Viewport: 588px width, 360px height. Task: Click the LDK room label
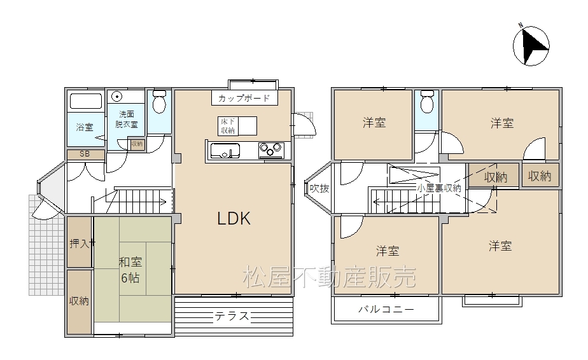[234, 218]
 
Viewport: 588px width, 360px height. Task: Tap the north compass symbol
[531, 45]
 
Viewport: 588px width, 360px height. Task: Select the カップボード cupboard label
[244, 98]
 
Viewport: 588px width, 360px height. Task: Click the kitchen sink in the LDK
[225, 151]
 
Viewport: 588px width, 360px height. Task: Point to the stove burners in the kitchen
[271, 150]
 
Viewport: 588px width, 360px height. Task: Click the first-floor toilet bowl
[159, 101]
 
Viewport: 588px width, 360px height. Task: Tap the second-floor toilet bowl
[427, 101]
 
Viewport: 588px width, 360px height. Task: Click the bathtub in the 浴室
[86, 101]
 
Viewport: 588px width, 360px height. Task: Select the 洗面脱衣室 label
[127, 119]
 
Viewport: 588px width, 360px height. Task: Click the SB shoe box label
[85, 154]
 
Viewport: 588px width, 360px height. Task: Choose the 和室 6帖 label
[130, 270]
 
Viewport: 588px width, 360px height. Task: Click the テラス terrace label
[232, 317]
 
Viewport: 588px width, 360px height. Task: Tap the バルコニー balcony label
[386, 309]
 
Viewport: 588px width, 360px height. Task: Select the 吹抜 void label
[319, 188]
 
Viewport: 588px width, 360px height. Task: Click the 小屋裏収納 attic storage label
[439, 188]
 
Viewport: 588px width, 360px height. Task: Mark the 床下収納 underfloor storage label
[228, 126]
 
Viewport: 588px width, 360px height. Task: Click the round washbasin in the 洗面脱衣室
[117, 97]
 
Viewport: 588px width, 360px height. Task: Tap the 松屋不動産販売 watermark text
[329, 277]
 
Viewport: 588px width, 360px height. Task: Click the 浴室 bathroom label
[85, 127]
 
